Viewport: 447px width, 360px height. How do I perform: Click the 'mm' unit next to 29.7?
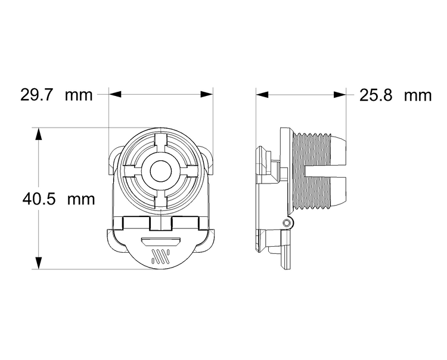79,95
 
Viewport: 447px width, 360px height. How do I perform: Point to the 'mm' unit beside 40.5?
80,199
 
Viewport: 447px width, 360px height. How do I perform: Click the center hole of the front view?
160,171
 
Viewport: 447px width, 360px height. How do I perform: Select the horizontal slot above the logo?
160,241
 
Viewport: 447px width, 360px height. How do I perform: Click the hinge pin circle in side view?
288,223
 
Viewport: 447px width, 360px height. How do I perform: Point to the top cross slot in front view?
160,142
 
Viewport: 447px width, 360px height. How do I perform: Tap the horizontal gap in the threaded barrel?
325,172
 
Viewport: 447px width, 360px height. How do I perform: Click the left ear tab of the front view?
113,161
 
